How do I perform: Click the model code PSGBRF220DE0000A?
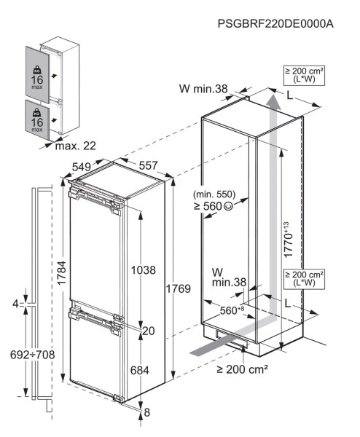point(275,24)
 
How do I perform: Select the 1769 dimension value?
point(178,289)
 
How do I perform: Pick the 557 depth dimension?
point(148,166)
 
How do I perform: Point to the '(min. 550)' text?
point(217,194)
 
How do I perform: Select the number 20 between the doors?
point(149,331)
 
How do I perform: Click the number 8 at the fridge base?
point(148,412)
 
